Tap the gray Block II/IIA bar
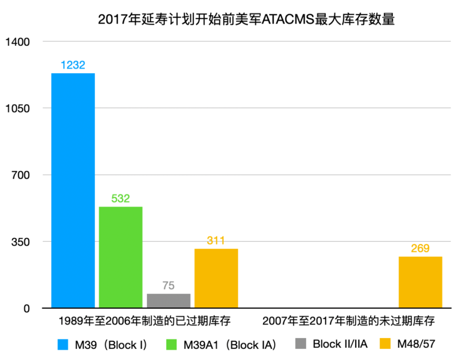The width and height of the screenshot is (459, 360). tap(168, 301)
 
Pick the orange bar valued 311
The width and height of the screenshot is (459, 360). tap(216, 278)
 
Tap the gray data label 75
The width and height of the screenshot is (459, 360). tap(168, 286)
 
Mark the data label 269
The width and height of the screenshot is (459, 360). tap(420, 249)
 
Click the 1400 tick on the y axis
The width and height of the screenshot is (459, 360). tap(17, 42)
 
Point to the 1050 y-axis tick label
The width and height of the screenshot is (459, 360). tap(17, 109)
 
